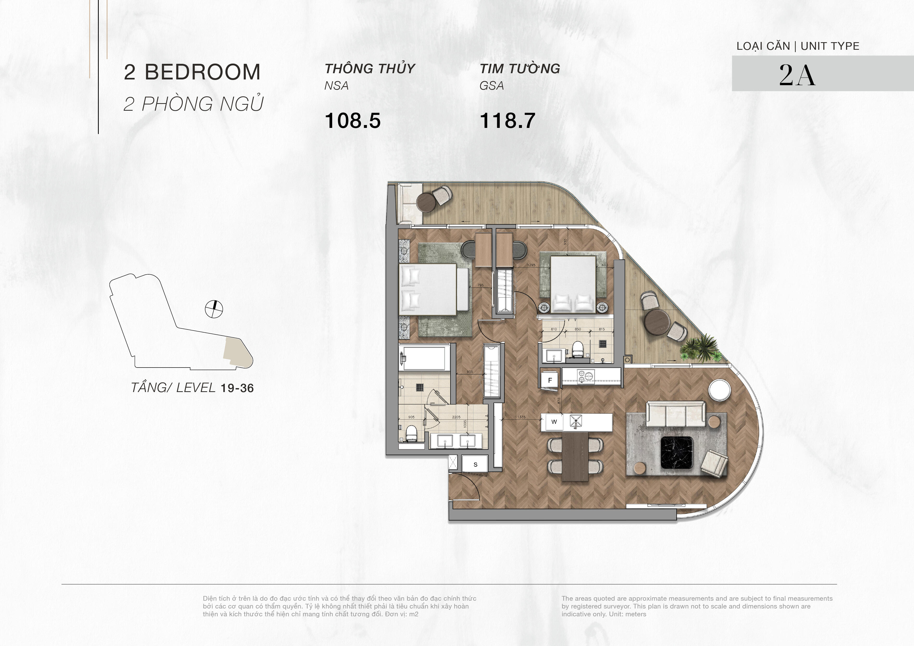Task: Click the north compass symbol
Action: tap(214, 309)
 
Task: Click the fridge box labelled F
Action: tap(550, 380)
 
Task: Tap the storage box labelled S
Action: tap(475, 464)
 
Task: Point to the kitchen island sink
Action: tap(576, 421)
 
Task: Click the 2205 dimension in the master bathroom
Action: tap(456, 417)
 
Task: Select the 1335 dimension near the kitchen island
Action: tap(522, 417)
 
